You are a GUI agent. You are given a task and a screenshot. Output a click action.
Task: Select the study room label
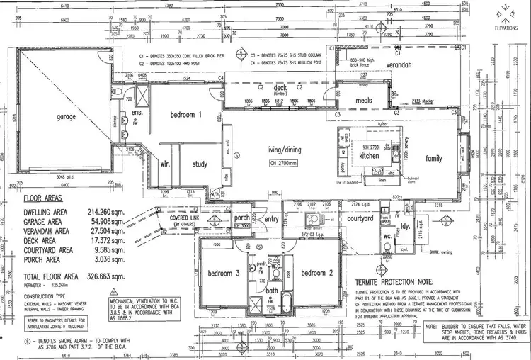point(200,164)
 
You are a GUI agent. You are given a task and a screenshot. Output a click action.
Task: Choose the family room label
point(429,159)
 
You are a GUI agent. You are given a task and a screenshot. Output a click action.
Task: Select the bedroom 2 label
point(317,273)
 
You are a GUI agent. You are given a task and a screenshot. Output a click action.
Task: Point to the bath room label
point(272,291)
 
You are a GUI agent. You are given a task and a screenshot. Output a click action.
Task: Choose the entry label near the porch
point(272,220)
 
